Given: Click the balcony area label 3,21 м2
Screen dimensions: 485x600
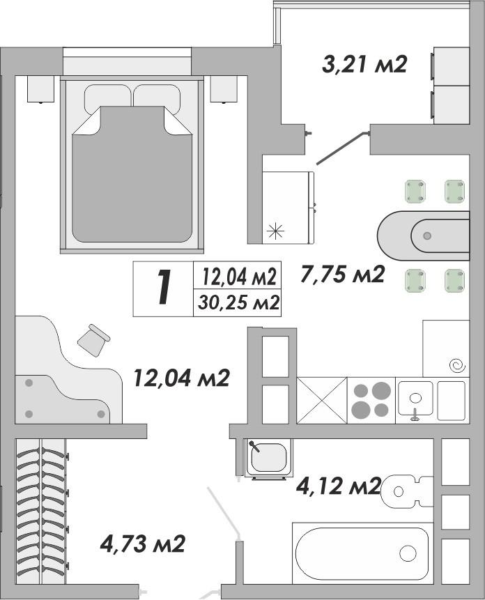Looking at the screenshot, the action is tap(364, 65).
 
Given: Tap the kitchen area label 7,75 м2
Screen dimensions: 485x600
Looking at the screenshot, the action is tap(342, 275).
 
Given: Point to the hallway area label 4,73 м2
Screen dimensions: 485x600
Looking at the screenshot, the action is tap(142, 544).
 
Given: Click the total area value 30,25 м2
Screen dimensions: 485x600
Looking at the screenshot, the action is tap(238, 303).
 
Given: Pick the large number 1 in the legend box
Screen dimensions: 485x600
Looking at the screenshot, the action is tap(164, 287).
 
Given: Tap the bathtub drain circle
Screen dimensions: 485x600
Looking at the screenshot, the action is tap(408, 553).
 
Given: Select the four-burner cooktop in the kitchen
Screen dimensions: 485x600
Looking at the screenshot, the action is tap(371, 400).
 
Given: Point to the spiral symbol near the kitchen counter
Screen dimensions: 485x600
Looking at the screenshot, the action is tap(458, 366).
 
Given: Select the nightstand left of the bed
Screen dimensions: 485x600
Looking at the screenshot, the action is tap(40, 89).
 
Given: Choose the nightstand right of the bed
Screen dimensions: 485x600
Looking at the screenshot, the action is tap(224, 89).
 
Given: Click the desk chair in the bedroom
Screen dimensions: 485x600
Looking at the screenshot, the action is tap(93, 340).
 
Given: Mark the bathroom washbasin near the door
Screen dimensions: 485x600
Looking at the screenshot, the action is tap(268, 458).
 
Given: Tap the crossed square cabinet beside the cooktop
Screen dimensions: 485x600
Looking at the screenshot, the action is tap(322, 400).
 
